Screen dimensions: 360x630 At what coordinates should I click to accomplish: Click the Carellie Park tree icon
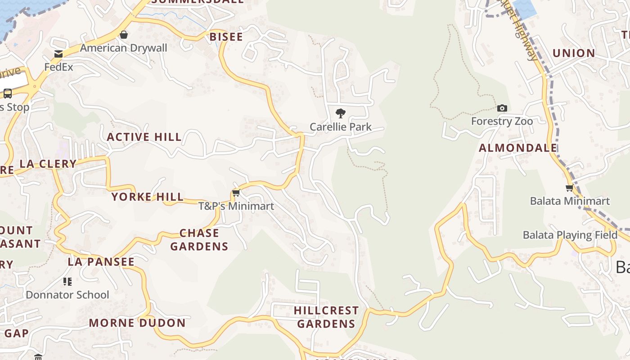coord(341,113)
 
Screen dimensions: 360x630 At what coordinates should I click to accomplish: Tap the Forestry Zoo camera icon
coord(502,108)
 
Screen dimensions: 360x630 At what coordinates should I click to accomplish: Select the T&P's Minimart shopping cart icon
coord(236,193)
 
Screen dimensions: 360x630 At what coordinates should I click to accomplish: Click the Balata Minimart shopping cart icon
coord(570,188)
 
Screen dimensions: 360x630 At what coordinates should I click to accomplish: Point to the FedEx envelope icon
coord(58,54)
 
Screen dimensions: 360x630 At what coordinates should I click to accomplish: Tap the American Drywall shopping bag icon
coord(123,35)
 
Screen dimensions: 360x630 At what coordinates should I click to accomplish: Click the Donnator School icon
coord(67,282)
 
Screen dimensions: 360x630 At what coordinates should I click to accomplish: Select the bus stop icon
coord(8,94)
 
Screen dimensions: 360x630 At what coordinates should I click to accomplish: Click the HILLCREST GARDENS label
coord(326,317)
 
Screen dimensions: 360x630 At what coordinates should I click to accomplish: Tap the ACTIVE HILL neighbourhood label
coord(144,137)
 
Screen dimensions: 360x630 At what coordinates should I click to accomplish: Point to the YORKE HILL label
coord(148,197)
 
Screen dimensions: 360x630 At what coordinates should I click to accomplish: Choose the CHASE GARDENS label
coord(199,239)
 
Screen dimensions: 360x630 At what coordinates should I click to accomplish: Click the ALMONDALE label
coord(518,148)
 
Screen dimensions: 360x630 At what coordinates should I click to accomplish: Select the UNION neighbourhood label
coord(574,53)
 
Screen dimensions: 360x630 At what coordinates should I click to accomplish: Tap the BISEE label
coord(226,37)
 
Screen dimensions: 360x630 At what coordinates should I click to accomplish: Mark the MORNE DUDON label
coord(137,323)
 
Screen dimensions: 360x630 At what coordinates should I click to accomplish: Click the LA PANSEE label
coord(101,261)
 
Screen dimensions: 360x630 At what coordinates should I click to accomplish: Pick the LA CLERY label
coord(48,164)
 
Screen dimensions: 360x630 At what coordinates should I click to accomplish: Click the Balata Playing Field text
coord(570,235)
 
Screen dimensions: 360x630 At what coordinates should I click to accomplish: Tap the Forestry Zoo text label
coord(502,121)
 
